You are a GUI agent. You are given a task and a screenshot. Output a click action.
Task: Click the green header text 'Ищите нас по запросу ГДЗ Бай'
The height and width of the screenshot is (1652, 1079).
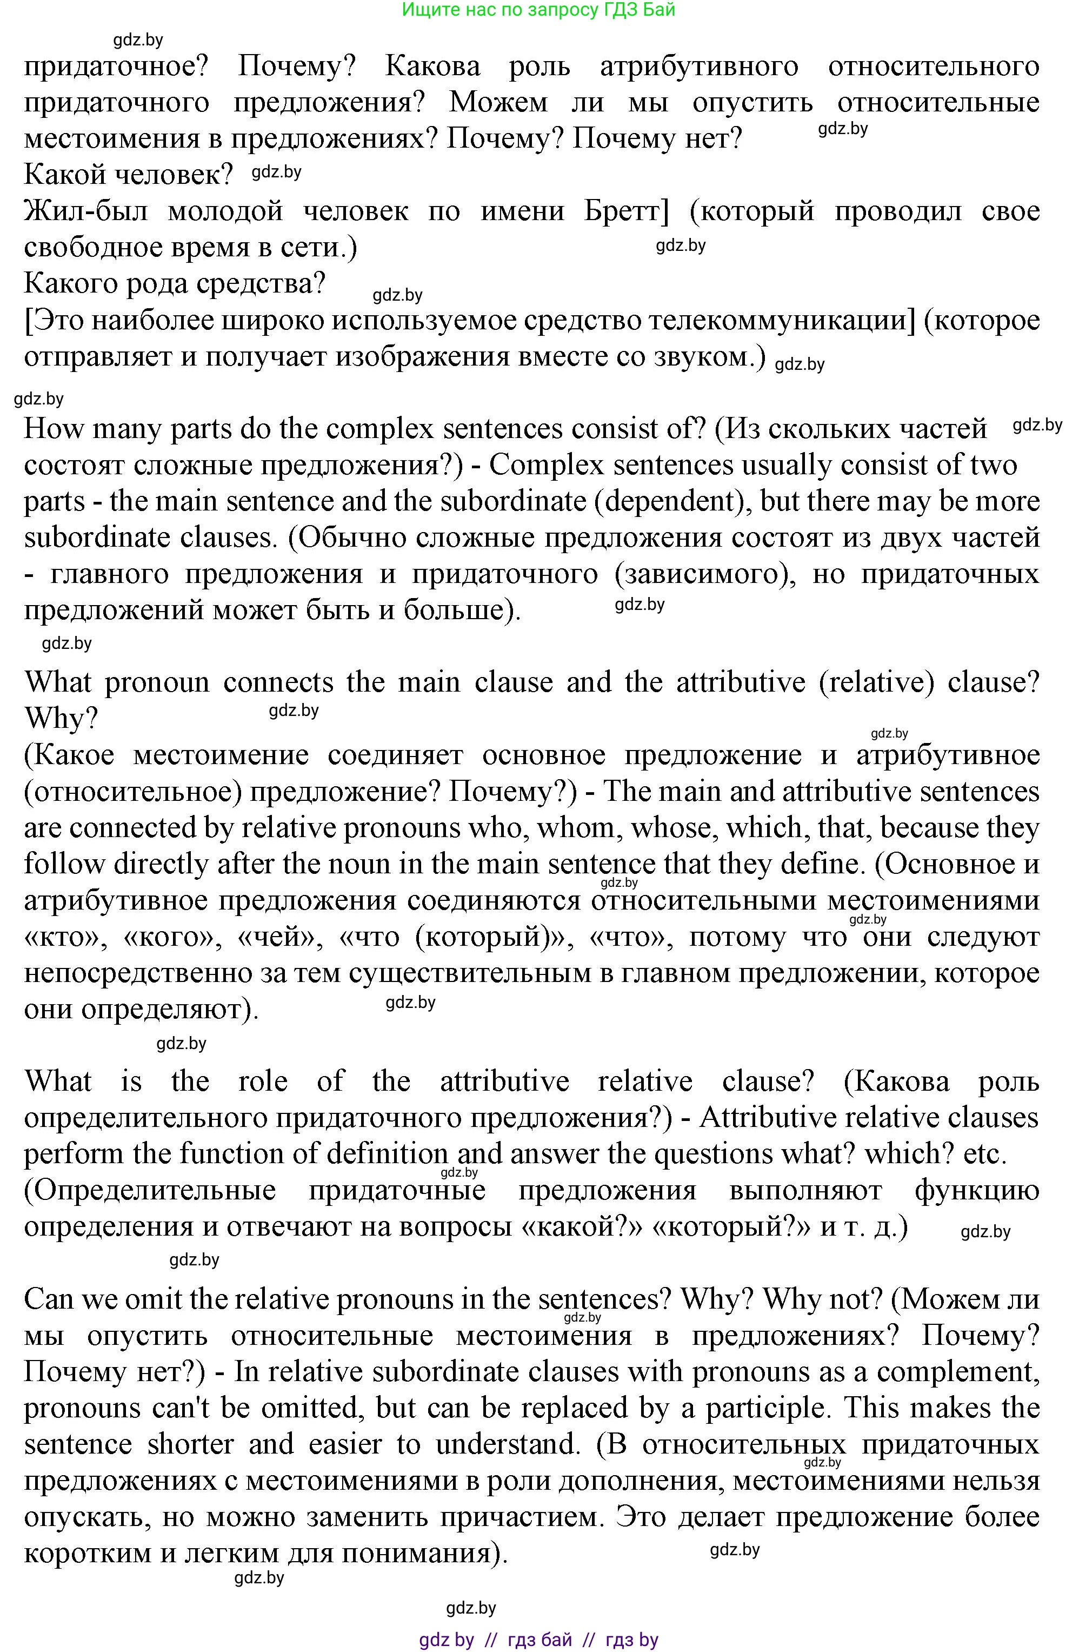(x=538, y=10)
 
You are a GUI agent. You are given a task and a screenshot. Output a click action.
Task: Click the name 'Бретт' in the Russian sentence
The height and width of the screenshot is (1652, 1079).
(x=626, y=211)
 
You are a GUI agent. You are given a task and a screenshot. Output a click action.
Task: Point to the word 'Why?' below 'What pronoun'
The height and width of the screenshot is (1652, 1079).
(x=61, y=719)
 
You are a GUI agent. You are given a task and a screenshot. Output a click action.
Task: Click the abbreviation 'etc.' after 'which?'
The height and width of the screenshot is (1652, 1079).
(x=984, y=1153)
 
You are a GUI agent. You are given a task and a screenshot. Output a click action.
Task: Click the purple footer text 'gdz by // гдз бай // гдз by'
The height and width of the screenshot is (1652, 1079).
(x=538, y=1639)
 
